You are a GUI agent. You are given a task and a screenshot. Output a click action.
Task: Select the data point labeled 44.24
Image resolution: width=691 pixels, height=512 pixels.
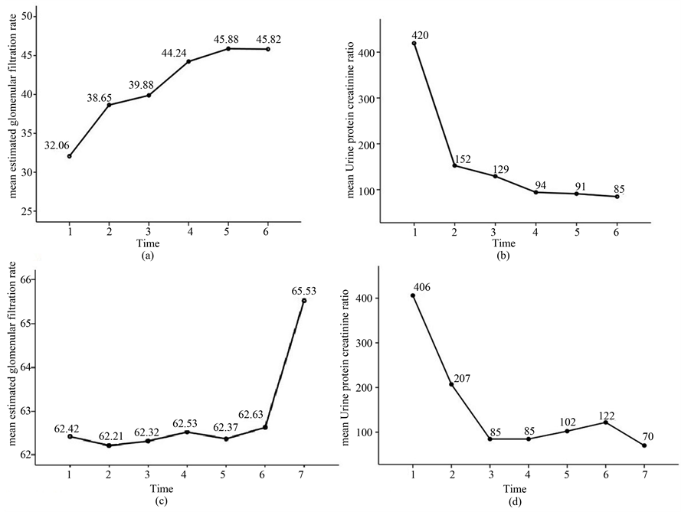(x=188, y=61)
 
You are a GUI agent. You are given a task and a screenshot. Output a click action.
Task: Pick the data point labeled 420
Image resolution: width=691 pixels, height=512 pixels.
(x=414, y=44)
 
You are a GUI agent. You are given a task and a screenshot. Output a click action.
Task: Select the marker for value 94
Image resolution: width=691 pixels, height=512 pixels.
(x=535, y=192)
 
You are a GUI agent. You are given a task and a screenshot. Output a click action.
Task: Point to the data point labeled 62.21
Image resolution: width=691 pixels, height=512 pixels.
(x=109, y=445)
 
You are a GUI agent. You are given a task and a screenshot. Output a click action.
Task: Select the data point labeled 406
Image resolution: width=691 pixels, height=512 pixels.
(x=414, y=295)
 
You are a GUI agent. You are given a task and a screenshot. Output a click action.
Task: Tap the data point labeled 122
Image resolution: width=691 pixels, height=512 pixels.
(x=606, y=422)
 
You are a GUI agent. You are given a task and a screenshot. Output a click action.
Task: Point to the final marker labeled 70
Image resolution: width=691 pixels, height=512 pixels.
(x=644, y=445)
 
